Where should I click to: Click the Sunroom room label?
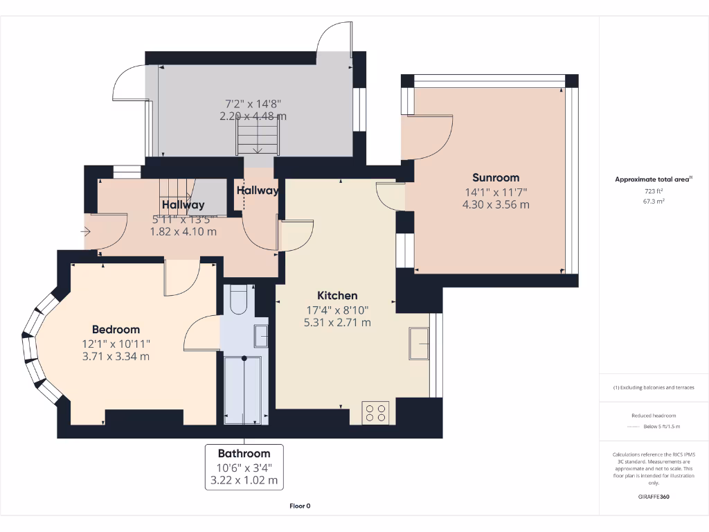click(496, 177)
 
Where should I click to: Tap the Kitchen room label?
click(337, 295)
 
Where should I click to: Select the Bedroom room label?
click(116, 330)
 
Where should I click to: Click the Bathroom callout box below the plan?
click(244, 467)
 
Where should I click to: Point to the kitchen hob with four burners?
click(376, 413)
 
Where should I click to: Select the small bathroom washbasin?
click(261, 336)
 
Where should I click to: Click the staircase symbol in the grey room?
click(258, 136)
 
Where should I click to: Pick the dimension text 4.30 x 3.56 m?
click(496, 204)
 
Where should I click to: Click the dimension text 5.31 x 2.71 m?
click(337, 322)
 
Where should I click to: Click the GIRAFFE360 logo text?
click(653, 497)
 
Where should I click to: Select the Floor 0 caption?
click(299, 506)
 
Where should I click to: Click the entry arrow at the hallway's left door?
click(87, 231)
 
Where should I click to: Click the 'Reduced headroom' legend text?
click(653, 415)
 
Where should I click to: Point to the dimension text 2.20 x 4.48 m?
click(253, 116)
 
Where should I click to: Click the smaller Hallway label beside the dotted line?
click(258, 190)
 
